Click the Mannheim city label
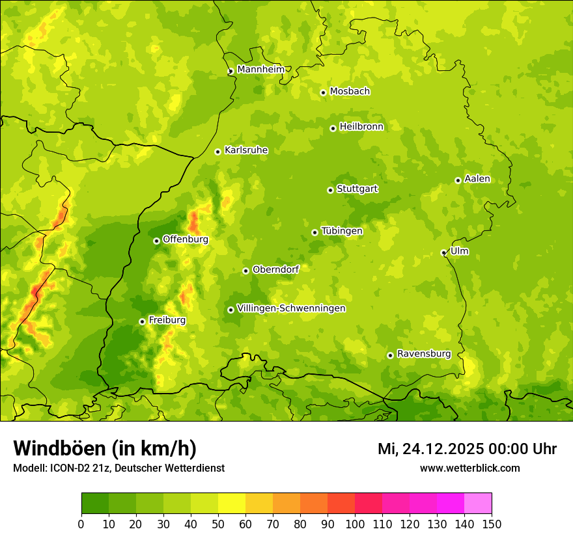point(260,69)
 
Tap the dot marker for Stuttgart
point(330,190)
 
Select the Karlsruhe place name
point(246,150)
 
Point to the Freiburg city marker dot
point(142,321)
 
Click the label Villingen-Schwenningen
point(291,308)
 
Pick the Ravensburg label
point(423,354)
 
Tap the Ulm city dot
point(443,252)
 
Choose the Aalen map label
point(477,179)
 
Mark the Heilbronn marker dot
point(333,128)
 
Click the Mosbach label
point(350,92)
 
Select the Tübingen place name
point(342,231)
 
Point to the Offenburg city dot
point(156,241)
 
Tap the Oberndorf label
point(275,269)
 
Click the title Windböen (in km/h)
point(104,448)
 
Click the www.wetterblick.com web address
point(469,468)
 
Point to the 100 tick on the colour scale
point(355,524)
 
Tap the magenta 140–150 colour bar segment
point(478,504)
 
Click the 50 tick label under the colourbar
point(218,524)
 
